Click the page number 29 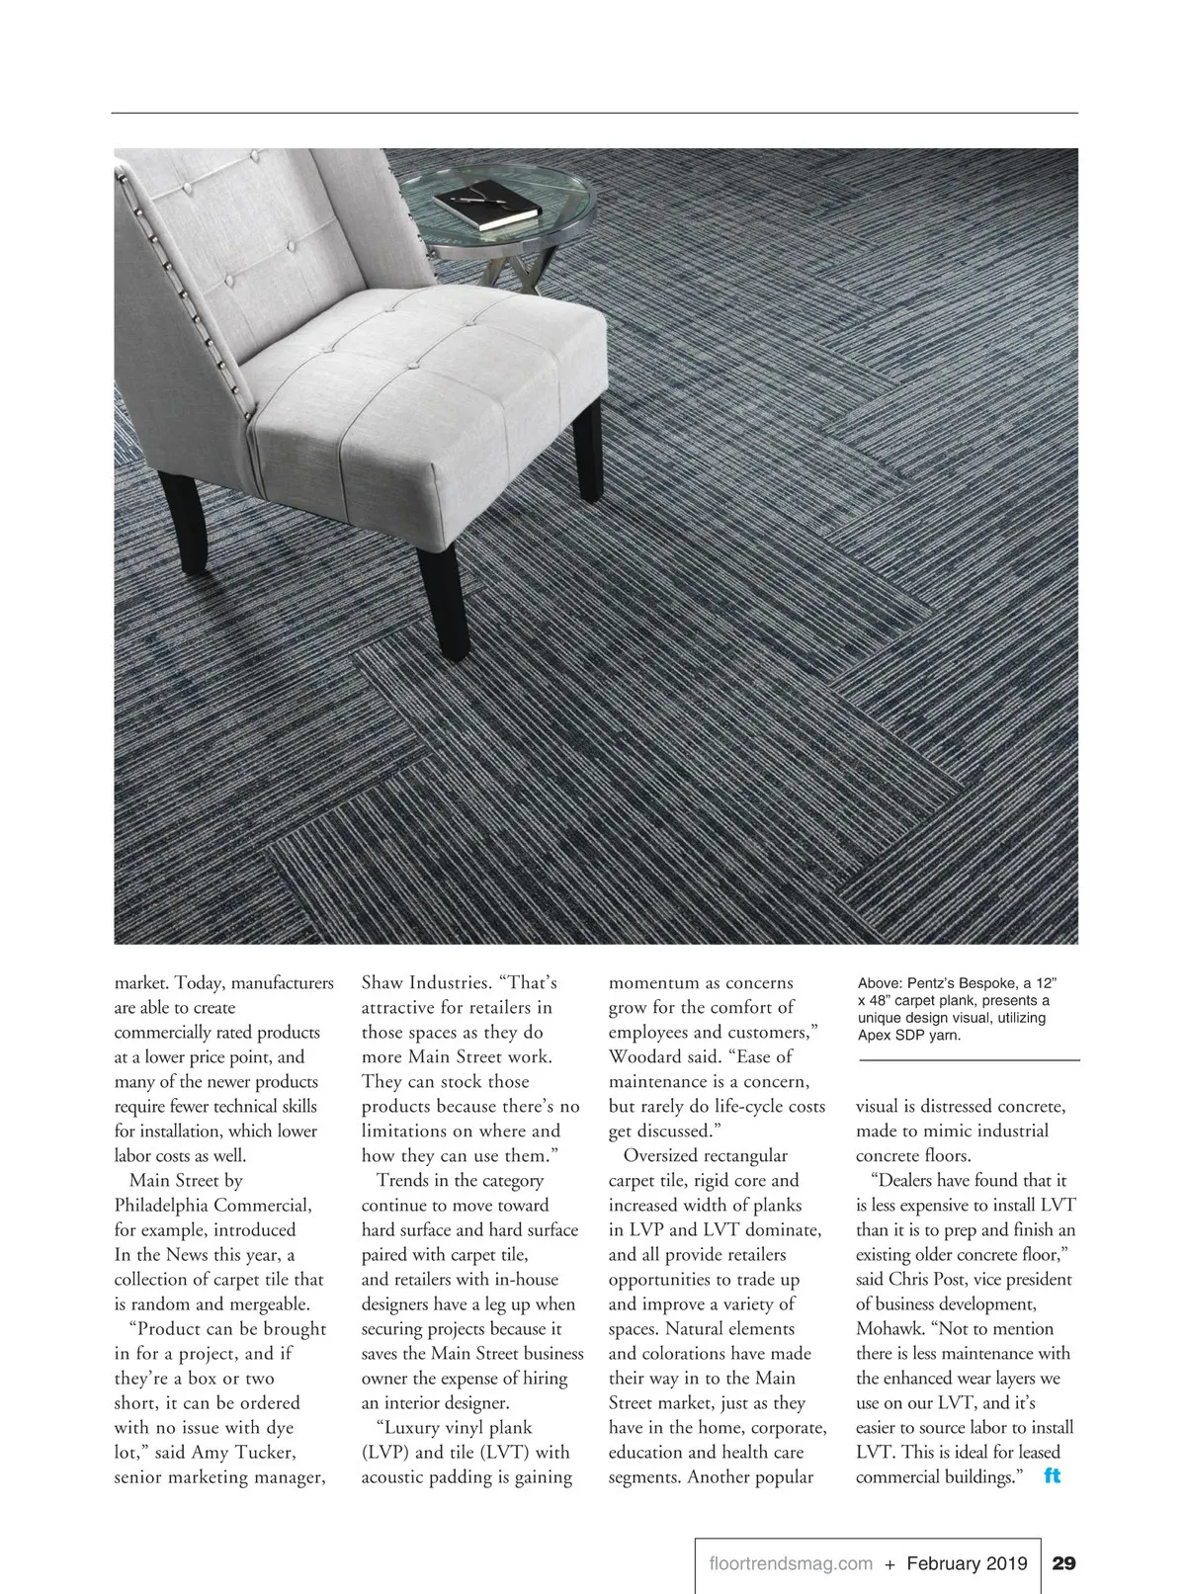tap(1063, 1563)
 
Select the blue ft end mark tap(1052, 1476)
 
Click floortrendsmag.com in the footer tap(791, 1563)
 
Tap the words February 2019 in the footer tap(967, 1563)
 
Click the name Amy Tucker tap(243, 1453)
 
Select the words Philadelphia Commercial tap(212, 1206)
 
